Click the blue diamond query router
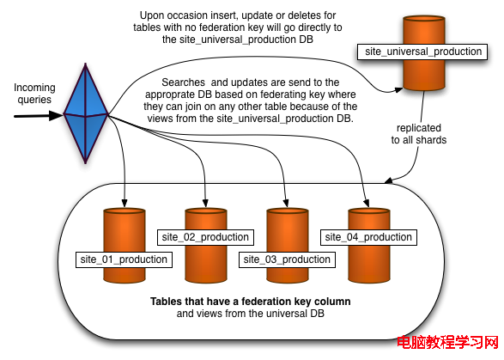pyautogui.click(x=86, y=113)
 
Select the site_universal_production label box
pyautogui.click(x=422, y=52)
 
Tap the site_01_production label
pyautogui.click(x=124, y=259)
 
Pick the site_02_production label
pyautogui.click(x=205, y=237)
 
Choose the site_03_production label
pyautogui.click(x=287, y=259)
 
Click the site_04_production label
pyautogui.click(x=368, y=237)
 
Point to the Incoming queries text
pyautogui.click(x=34, y=94)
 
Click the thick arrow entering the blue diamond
pyautogui.click(x=39, y=116)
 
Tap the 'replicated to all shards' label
pyautogui.click(x=418, y=134)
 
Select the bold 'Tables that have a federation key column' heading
pyautogui.click(x=251, y=302)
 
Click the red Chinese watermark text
pyautogui.click(x=447, y=342)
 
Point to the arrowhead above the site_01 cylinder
pyautogui.click(x=124, y=203)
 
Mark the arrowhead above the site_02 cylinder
pyautogui.click(x=206, y=203)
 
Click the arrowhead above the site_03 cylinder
pyautogui.click(x=286, y=203)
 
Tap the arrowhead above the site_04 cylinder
pyautogui.click(x=367, y=203)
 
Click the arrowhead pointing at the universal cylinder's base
pyautogui.click(x=398, y=90)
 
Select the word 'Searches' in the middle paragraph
pyautogui.click(x=183, y=82)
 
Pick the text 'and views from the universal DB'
pyautogui.click(x=251, y=314)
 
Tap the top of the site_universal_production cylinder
pyautogui.click(x=424, y=19)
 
